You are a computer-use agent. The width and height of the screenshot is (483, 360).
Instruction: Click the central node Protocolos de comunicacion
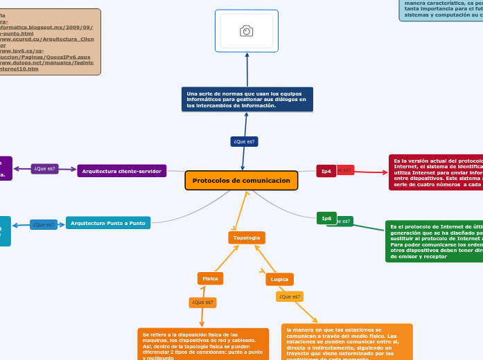point(241,181)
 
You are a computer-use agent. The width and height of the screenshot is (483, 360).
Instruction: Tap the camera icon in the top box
point(246,30)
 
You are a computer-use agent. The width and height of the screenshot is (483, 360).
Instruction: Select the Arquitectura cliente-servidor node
point(121,171)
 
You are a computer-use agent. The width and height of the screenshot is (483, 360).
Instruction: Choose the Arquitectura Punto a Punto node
point(108,223)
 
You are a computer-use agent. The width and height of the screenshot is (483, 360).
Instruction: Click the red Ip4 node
point(326,170)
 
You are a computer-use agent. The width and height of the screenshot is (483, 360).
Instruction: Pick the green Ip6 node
point(326,218)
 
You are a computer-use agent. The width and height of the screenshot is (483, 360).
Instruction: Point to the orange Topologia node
point(247,237)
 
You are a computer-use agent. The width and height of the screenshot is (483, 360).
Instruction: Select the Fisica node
point(210,278)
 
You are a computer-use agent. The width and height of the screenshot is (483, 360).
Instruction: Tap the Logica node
point(279,279)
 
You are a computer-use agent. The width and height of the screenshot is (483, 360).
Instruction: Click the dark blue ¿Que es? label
point(244,141)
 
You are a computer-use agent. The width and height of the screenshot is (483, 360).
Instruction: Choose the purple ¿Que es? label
point(45,168)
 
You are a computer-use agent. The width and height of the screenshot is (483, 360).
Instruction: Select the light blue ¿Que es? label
point(44,224)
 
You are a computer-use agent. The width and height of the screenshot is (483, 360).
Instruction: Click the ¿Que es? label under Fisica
point(202,303)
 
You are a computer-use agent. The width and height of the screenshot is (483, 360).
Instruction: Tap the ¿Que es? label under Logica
point(290,296)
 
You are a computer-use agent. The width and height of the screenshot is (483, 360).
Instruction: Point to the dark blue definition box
point(247,99)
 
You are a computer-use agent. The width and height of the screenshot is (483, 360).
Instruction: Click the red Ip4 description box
point(436,172)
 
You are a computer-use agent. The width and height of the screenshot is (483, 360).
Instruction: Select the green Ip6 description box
point(434,241)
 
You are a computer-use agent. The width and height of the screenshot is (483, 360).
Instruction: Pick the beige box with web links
point(50,42)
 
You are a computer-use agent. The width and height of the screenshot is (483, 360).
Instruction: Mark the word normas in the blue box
point(221,93)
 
